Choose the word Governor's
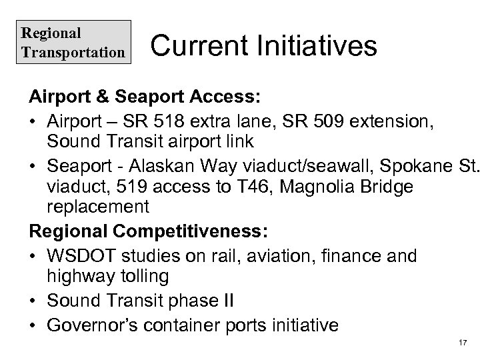(99, 325)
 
